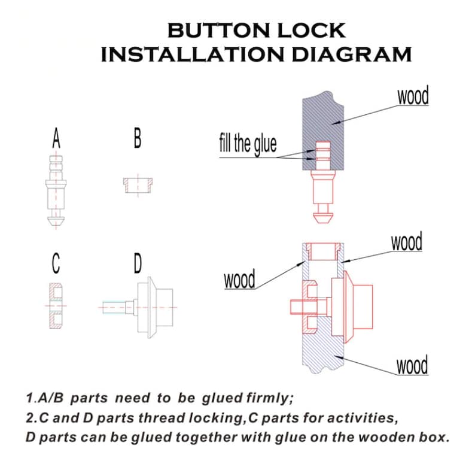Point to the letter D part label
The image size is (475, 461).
point(137,263)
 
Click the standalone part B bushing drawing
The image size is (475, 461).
point(137,184)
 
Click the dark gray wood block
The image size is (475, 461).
point(323,120)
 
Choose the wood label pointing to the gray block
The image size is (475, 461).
point(413,96)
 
